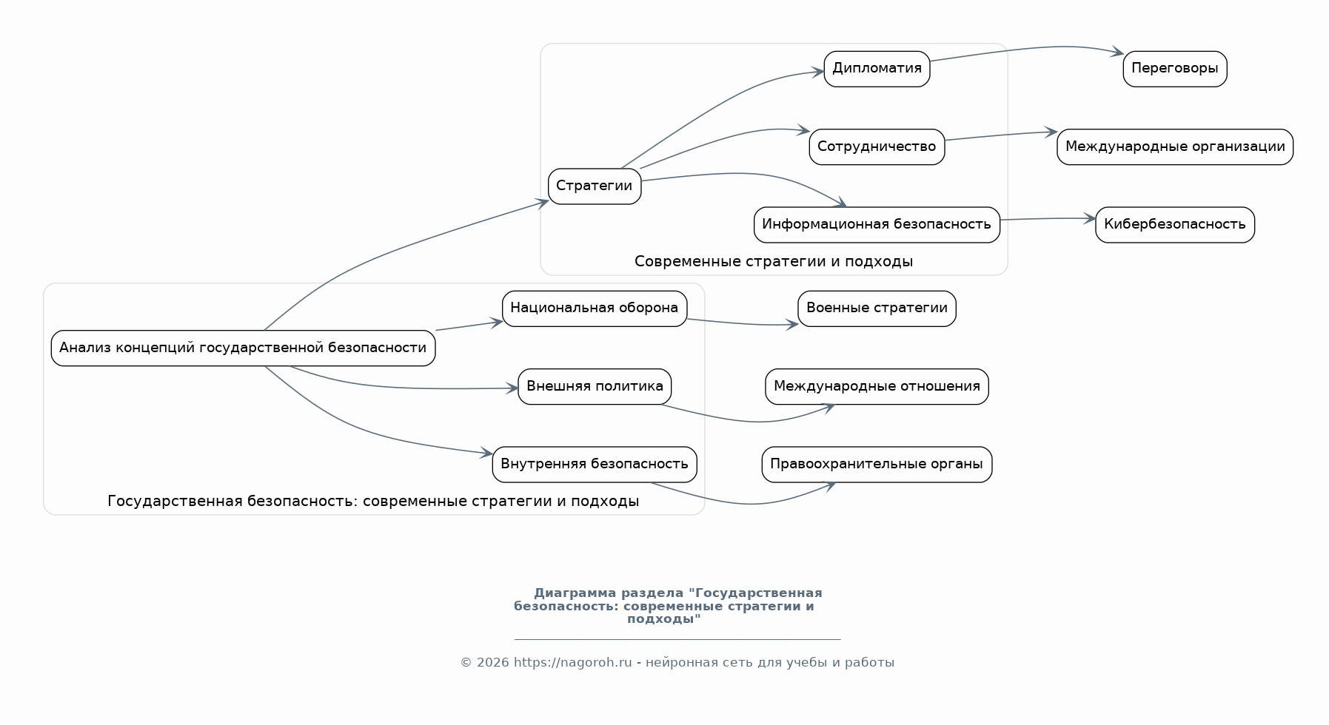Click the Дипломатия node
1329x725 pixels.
pyautogui.click(x=877, y=69)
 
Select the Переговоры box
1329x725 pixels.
pyautogui.click(x=1174, y=69)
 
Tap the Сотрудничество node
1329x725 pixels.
pyautogui.click(x=877, y=146)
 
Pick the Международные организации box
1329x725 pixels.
pyautogui.click(x=1174, y=146)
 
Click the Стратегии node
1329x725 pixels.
pyautogui.click(x=594, y=186)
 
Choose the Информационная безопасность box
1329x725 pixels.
pyautogui.click(x=877, y=224)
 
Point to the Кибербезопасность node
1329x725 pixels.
pyautogui.click(x=1174, y=224)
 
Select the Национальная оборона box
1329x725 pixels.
pyautogui.click(x=594, y=308)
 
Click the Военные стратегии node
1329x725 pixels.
pyautogui.click(x=877, y=308)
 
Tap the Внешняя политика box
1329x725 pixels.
pyautogui.click(x=594, y=386)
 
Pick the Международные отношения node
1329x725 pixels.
pyautogui.click(x=877, y=386)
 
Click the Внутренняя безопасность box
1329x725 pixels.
pyautogui.click(x=594, y=464)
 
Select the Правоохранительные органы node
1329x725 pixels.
pyautogui.click(x=877, y=464)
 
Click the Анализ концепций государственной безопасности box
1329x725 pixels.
pyautogui.click(x=243, y=348)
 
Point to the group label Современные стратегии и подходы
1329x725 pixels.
pyautogui.click(x=773, y=261)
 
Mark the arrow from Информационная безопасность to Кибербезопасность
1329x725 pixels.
pyautogui.click(x=1047, y=219)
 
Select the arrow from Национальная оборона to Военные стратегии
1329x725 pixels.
pyautogui.click(x=740, y=323)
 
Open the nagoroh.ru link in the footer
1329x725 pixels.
pyautogui.click(x=572, y=663)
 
